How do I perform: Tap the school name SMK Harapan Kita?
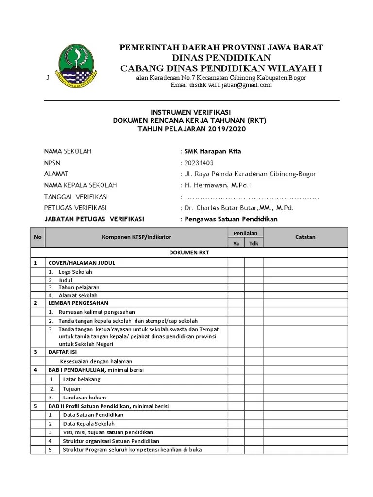click(x=213, y=151)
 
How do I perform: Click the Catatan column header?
click(x=305, y=237)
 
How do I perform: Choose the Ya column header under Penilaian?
click(x=236, y=243)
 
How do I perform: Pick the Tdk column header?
click(x=254, y=243)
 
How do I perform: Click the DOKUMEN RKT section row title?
click(x=189, y=253)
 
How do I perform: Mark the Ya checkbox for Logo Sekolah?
click(x=236, y=272)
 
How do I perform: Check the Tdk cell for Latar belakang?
click(x=254, y=379)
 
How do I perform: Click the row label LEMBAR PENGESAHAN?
click(x=78, y=303)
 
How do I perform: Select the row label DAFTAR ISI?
click(x=63, y=352)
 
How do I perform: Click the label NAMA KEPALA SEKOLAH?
click(x=80, y=185)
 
